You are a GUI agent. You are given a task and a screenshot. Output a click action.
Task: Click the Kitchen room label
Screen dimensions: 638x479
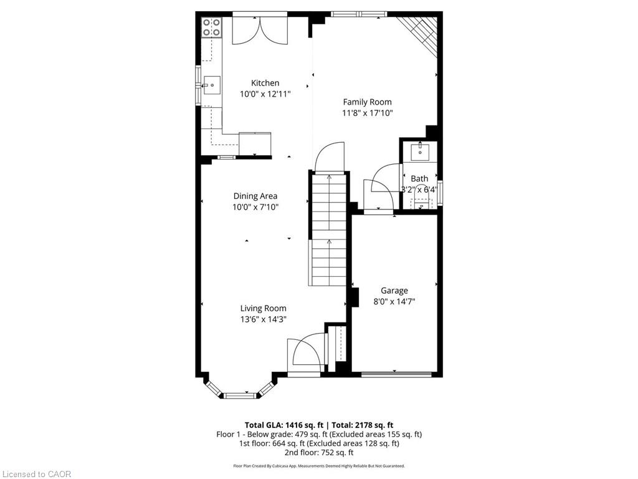[x=265, y=83]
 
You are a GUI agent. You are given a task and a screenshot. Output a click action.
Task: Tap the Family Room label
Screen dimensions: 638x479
[x=367, y=102]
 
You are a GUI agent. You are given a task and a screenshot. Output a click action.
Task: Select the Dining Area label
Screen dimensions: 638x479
[x=255, y=196]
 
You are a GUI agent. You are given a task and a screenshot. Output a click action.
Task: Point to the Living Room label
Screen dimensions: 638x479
[x=263, y=308]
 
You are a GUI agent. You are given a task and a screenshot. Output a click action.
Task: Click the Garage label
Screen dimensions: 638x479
[x=394, y=291]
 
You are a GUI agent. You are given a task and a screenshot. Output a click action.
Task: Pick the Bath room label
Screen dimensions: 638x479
[x=419, y=179]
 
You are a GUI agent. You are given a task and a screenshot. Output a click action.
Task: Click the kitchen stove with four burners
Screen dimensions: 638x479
[x=212, y=27]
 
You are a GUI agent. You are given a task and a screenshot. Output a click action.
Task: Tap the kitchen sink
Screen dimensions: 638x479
[x=212, y=85]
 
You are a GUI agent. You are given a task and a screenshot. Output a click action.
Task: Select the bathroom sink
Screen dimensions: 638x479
[x=419, y=152]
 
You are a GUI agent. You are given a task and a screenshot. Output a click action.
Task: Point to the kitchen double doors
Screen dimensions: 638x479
[x=260, y=31]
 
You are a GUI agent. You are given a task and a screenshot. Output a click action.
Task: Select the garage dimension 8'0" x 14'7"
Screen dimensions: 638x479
[x=394, y=302]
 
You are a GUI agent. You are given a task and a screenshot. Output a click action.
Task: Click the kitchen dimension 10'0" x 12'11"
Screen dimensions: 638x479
[x=265, y=94]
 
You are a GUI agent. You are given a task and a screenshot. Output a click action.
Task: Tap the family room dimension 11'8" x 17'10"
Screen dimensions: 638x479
[x=367, y=114]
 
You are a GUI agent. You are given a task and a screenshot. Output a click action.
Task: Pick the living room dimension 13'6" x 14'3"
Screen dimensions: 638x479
[x=263, y=319]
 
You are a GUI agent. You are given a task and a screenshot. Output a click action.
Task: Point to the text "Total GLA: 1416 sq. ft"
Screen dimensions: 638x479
[x=284, y=425]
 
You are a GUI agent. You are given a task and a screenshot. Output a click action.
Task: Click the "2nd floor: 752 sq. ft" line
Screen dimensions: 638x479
[x=319, y=453]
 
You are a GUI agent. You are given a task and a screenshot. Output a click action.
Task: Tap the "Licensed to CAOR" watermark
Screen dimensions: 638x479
[x=37, y=474]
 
